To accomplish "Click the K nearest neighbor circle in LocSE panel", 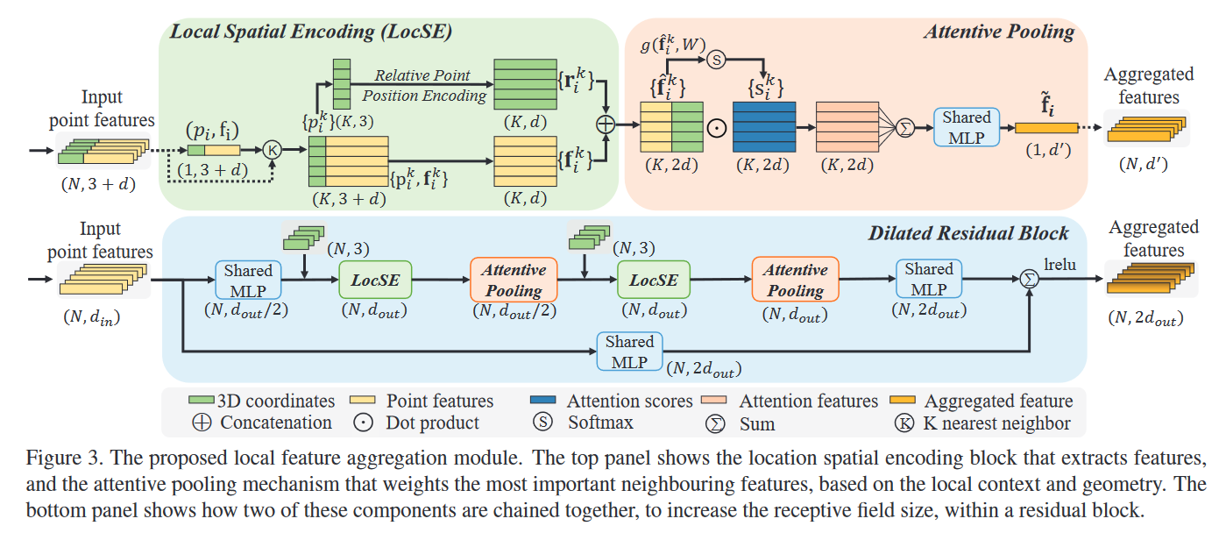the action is pyautogui.click(x=272, y=150).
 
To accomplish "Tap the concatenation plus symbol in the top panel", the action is pyautogui.click(x=606, y=124).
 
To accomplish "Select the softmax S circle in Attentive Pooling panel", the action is pyautogui.click(x=716, y=59).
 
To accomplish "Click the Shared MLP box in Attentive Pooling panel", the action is pyautogui.click(x=967, y=127).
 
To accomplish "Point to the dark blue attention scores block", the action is pyautogui.click(x=764, y=126).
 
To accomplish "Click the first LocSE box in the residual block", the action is pyautogui.click(x=375, y=280).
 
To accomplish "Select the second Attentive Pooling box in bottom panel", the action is pyautogui.click(x=795, y=280).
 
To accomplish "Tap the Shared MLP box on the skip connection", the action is pyautogui.click(x=629, y=352).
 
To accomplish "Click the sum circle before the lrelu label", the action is pyautogui.click(x=1029, y=280).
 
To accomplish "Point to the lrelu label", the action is pyautogui.click(x=1059, y=265).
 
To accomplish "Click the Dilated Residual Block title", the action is pyautogui.click(x=968, y=233).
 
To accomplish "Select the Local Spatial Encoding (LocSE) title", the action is pyautogui.click(x=311, y=32).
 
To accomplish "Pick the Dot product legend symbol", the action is pyautogui.click(x=364, y=423).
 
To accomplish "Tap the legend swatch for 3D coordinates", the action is pyautogui.click(x=201, y=400).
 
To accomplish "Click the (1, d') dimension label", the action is pyautogui.click(x=1047, y=150).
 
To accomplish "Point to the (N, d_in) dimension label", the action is pyautogui.click(x=91, y=317).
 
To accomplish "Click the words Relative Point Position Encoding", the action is pyautogui.click(x=423, y=85).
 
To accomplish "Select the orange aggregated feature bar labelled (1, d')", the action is pyautogui.click(x=1046, y=128).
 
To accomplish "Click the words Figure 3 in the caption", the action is pyautogui.click(x=65, y=458).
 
